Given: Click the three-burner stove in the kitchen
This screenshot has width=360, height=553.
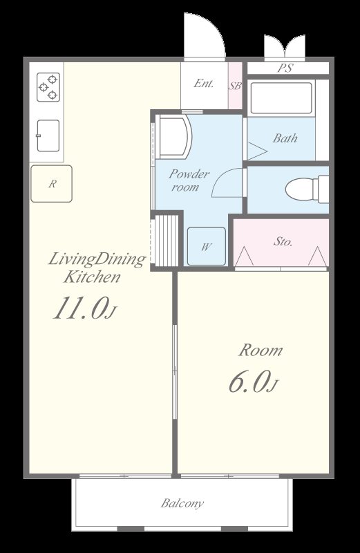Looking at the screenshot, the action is point(48,87).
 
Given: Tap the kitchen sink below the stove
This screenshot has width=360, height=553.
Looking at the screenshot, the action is point(48,135).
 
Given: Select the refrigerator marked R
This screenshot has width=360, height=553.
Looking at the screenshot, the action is point(52,184).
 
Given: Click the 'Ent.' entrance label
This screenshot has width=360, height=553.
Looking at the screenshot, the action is point(204,84).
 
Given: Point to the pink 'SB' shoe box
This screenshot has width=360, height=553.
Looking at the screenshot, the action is point(235,86).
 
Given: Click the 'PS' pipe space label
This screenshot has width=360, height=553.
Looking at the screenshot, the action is point(285,68).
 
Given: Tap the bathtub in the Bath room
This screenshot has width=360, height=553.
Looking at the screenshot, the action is point(281,98).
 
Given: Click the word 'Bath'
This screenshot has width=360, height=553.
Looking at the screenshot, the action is point(285,138).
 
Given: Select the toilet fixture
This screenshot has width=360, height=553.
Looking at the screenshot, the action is point(307,189).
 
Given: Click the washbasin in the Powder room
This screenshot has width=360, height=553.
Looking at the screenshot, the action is point(174,137).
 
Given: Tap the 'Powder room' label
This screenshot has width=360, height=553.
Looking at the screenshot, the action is point(189,180).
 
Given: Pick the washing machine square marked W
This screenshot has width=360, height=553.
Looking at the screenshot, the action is point(207,246).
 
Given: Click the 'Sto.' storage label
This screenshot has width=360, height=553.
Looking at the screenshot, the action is point(283,241).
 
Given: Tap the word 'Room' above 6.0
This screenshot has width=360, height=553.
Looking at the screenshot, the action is point(260,350).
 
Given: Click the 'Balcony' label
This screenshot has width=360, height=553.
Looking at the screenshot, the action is point(182,503).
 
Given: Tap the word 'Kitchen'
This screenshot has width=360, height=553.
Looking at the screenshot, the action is point(92,277).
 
